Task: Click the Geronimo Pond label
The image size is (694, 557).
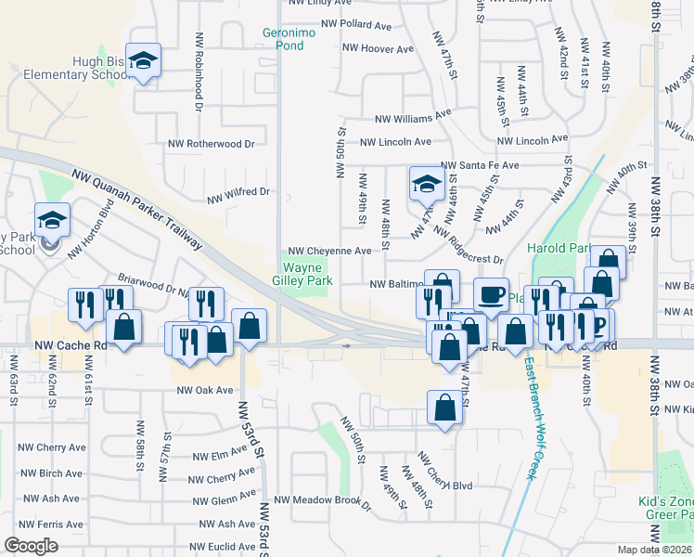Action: point(296,37)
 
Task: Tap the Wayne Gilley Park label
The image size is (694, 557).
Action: point(307,273)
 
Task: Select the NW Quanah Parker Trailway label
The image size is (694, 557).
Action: point(135,207)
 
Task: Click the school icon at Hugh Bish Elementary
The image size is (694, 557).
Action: point(143,60)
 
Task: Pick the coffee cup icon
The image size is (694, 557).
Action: point(492,294)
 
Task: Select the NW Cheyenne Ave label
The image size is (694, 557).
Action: point(329,251)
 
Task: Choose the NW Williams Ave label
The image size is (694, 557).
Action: point(412,117)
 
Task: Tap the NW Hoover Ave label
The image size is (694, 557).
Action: point(377,47)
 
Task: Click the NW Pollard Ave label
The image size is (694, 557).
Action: point(356,24)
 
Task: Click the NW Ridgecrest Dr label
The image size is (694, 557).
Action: point(468,246)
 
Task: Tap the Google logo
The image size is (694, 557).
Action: point(31,546)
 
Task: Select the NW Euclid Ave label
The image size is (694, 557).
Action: point(222,548)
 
